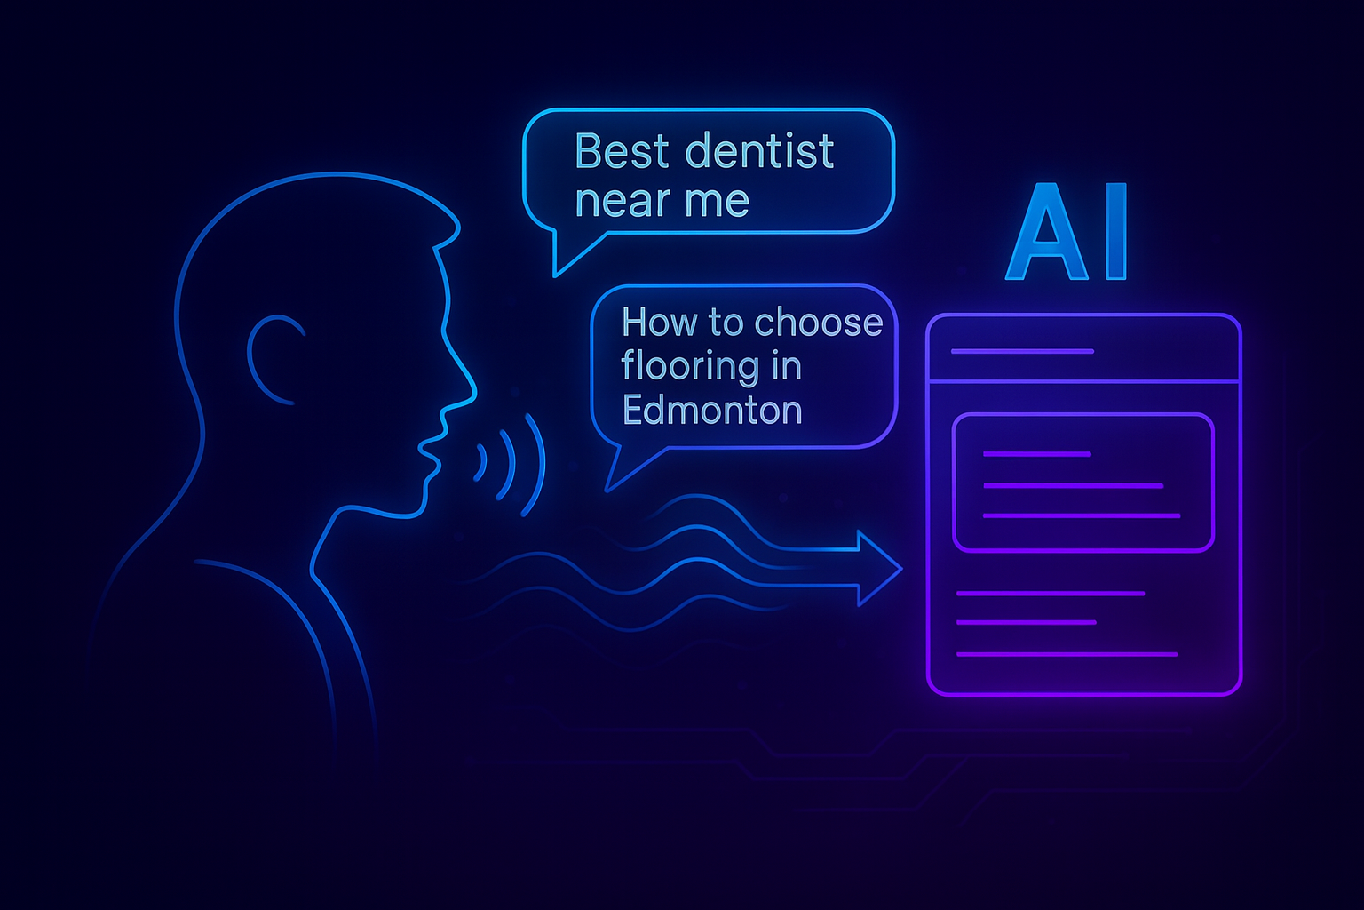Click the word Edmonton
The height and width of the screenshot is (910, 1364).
click(x=712, y=410)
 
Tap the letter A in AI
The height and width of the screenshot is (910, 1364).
click(x=1046, y=232)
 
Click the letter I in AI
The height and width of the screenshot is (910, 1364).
click(x=1115, y=232)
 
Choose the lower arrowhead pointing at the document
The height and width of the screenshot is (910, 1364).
click(x=880, y=586)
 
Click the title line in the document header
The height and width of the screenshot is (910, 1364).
click(x=1022, y=352)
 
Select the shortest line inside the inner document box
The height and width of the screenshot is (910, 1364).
click(x=1036, y=454)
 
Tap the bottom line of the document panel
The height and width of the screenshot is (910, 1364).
click(x=1067, y=655)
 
